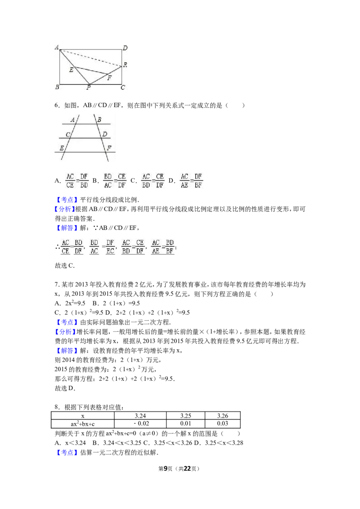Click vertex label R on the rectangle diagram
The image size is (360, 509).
[125, 65]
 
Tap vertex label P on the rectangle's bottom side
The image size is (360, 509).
[88, 87]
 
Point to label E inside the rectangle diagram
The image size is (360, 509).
[71, 70]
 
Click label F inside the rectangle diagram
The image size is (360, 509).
[109, 78]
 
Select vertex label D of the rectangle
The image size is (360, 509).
[125, 48]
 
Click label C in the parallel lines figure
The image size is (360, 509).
[68, 134]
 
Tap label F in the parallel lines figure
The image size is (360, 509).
[109, 147]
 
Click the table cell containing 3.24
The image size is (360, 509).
[140, 415]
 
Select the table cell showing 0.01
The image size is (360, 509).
[185, 424]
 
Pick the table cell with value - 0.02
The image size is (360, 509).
[140, 424]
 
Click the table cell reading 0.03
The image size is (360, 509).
[223, 424]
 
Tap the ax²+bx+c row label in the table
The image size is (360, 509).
[82, 424]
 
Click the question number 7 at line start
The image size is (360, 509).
[56, 284]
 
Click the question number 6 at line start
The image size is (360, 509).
[56, 105]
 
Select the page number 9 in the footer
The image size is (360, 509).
[166, 469]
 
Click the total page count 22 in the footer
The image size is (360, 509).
[187, 469]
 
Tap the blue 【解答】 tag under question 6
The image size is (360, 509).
[66, 228]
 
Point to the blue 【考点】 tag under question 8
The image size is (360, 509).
[66, 452]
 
